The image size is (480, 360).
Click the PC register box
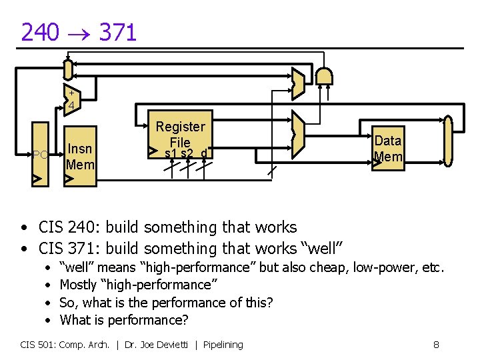point(40,154)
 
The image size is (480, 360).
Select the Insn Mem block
point(80,157)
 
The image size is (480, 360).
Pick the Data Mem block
point(388,149)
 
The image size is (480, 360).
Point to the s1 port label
point(171,154)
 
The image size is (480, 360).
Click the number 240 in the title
point(40,32)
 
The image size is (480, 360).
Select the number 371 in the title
point(117,32)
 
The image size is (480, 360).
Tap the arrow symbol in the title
point(79,33)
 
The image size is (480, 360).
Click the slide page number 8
point(436,345)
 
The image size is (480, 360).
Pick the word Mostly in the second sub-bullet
point(78,285)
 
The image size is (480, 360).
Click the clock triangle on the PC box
point(39,179)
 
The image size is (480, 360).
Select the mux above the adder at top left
point(67,68)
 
